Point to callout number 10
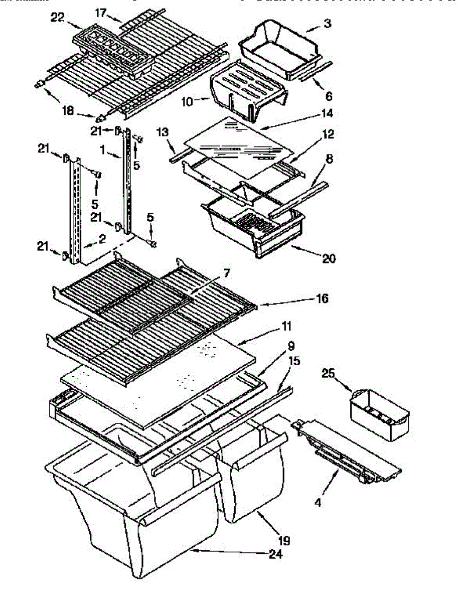click(x=187, y=102)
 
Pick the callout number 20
click(x=329, y=259)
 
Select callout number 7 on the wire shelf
click(x=226, y=273)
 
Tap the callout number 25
click(x=328, y=373)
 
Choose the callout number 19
click(x=284, y=541)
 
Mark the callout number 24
click(x=275, y=554)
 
